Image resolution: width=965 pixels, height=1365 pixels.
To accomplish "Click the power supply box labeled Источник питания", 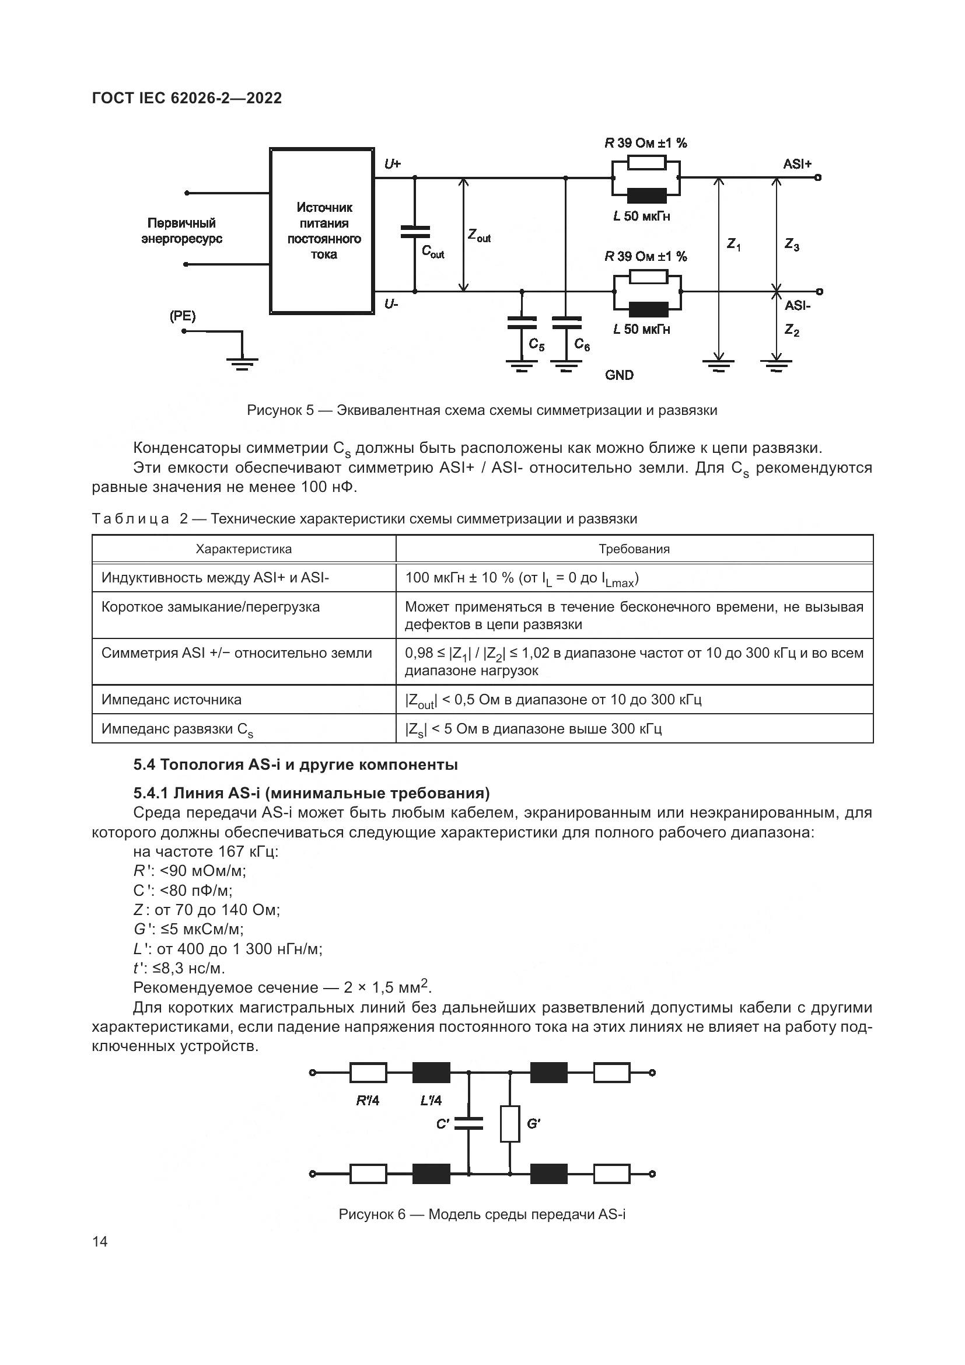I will (322, 231).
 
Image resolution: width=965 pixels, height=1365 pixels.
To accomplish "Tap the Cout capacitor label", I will (433, 252).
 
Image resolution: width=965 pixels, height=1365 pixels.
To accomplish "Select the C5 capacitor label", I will (536, 345).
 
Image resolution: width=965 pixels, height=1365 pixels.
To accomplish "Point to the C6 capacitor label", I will (582, 345).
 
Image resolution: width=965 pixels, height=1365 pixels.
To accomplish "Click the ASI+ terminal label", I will (797, 164).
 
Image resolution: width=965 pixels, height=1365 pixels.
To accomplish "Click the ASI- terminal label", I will (798, 306).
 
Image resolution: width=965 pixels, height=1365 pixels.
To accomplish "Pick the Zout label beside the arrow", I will (479, 236).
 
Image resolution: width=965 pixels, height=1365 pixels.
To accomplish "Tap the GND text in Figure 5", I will (619, 375).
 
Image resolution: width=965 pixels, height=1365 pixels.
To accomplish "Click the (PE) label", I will (183, 316).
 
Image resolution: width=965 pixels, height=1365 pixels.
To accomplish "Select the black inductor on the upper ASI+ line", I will (646, 196).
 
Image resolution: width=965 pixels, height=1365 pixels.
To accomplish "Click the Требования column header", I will (634, 549).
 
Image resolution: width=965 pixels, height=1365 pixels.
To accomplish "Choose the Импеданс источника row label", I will (172, 700).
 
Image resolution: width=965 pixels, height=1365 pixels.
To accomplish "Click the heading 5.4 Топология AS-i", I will (295, 764).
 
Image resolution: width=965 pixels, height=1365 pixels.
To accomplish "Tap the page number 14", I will (100, 1241).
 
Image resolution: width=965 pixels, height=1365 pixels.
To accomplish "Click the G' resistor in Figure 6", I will (510, 1123).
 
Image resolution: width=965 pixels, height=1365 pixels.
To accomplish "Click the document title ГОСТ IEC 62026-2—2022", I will (187, 98).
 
